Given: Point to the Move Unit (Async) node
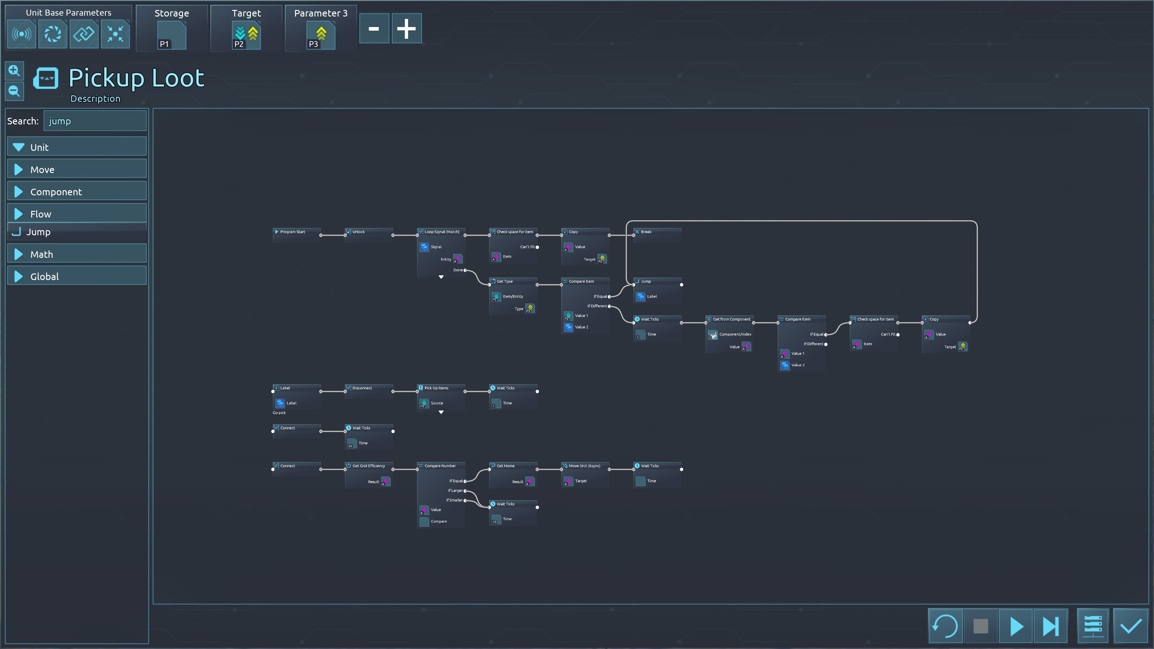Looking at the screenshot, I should click(x=584, y=466).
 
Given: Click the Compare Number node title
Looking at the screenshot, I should click(x=440, y=466).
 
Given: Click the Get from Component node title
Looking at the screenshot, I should click(x=731, y=320).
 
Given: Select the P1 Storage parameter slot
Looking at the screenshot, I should click(x=172, y=35).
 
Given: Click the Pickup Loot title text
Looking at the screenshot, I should click(x=137, y=78).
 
